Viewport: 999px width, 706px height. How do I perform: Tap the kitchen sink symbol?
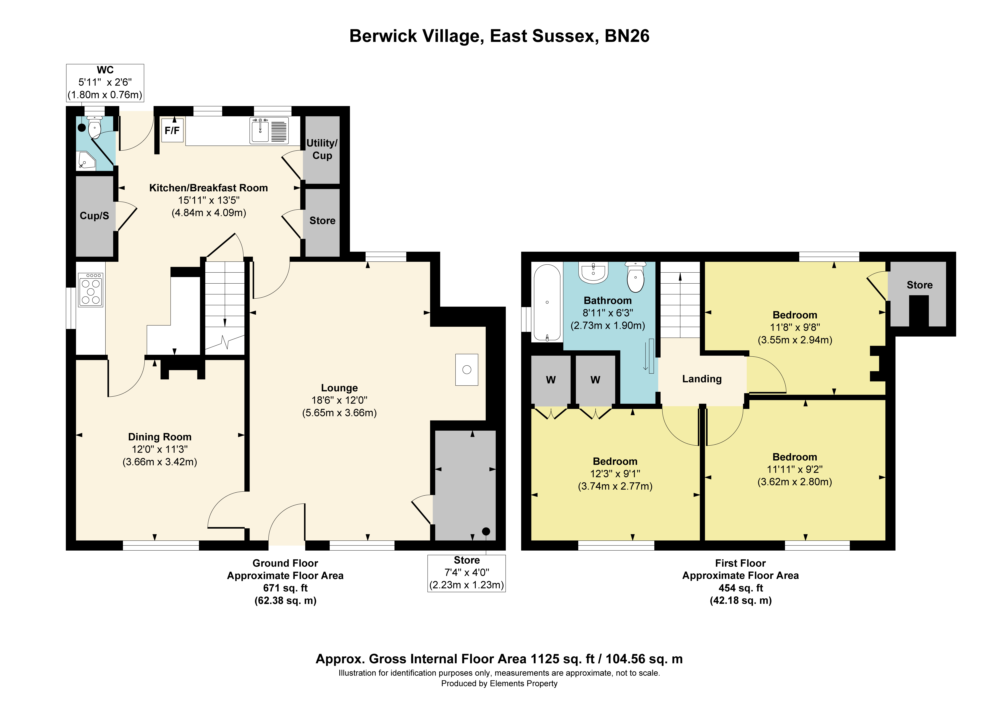[x=269, y=130]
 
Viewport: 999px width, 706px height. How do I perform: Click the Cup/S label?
[x=94, y=216]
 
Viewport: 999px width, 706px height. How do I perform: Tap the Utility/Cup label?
[x=322, y=149]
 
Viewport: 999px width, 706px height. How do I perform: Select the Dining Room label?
[x=160, y=437]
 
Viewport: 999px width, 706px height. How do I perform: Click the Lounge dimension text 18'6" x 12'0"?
[x=339, y=400]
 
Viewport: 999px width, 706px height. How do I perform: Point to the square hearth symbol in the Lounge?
[x=467, y=370]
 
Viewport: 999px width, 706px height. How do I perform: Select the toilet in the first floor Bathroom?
[x=636, y=277]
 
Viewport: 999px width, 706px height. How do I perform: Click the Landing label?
[x=702, y=379]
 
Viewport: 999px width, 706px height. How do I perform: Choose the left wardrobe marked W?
[x=551, y=380]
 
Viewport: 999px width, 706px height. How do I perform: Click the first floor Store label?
[x=919, y=285]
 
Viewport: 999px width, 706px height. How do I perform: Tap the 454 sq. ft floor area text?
[x=740, y=588]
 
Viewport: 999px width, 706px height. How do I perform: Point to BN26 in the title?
[x=627, y=36]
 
